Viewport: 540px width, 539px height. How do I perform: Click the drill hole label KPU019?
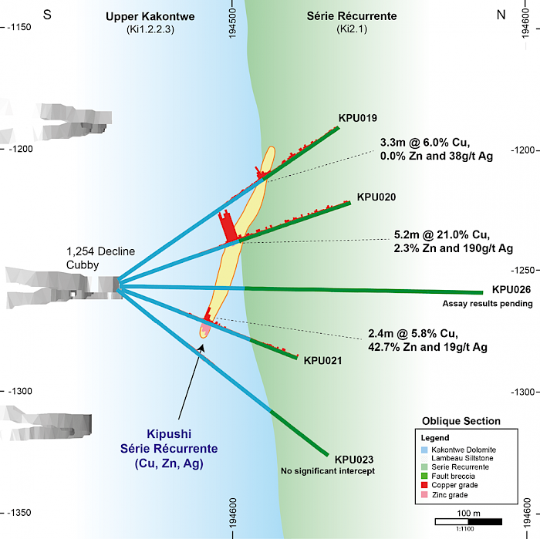point(357,118)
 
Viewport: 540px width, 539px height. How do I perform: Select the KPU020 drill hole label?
point(376,197)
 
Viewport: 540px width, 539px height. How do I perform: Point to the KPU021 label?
point(322,360)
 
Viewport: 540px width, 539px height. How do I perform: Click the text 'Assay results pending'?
point(488,304)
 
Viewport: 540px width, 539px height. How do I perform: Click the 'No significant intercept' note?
point(328,470)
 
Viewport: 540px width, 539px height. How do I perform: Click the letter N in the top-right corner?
point(501,15)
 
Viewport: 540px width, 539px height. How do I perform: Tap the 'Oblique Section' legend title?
point(461,421)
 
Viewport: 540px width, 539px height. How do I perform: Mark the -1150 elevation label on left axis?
point(19,27)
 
